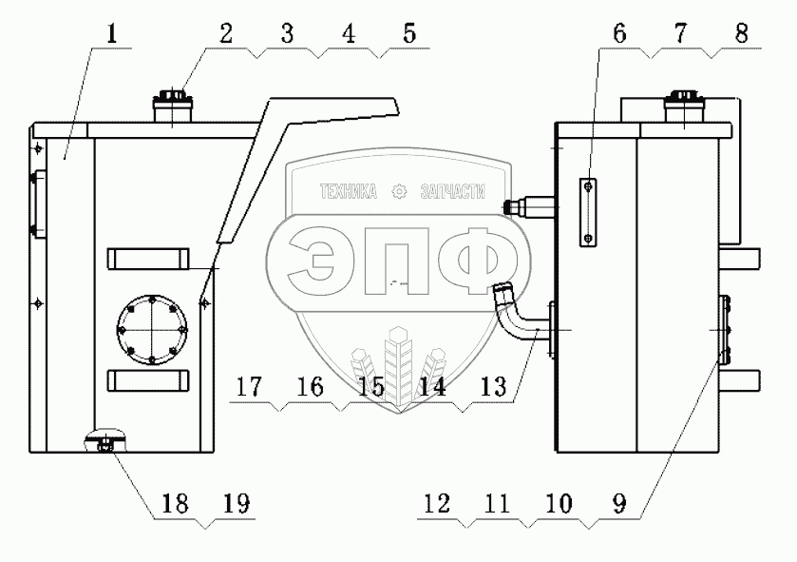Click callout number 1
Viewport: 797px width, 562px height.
tap(112, 36)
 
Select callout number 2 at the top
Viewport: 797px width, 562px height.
tap(225, 34)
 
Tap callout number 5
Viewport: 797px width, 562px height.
tap(408, 34)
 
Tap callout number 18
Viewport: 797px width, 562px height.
tap(178, 502)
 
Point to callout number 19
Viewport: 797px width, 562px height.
tap(237, 502)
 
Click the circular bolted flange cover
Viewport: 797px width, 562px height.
tap(152, 330)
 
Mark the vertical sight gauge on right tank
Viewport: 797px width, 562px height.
tap(589, 213)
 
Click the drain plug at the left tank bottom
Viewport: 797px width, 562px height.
tap(105, 442)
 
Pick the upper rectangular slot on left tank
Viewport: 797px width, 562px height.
tap(149, 260)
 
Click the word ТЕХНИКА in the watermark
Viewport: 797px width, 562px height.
tap(349, 191)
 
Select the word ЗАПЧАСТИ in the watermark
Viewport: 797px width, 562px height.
tap(451, 191)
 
